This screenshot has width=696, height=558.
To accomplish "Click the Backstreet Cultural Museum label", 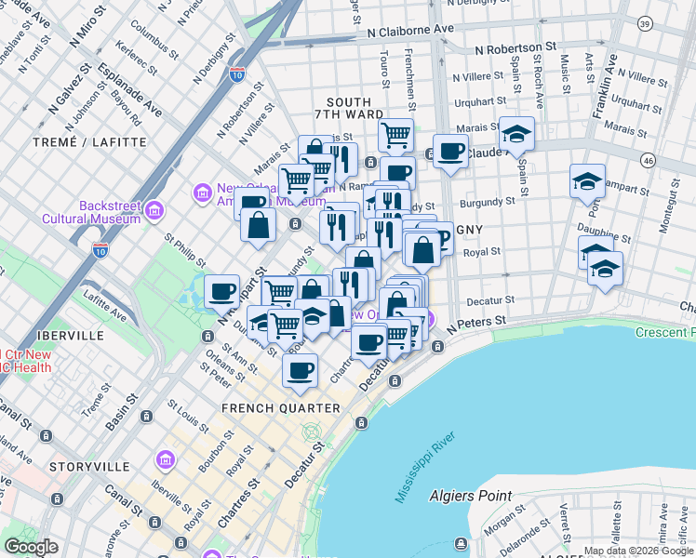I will click(90, 212).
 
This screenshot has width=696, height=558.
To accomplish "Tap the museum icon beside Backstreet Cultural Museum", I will click(154, 209).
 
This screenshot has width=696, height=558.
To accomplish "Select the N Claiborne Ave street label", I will click(409, 30).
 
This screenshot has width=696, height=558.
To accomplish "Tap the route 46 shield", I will click(675, 161).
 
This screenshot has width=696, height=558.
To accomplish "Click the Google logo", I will click(32, 547).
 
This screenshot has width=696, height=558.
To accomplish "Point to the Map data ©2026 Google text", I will click(638, 551).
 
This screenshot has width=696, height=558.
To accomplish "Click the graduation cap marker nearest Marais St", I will click(515, 134).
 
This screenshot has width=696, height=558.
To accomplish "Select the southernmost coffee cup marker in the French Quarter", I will click(300, 371).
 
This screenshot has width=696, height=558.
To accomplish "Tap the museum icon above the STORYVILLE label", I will click(166, 460).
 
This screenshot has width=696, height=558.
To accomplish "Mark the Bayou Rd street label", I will click(125, 108).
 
